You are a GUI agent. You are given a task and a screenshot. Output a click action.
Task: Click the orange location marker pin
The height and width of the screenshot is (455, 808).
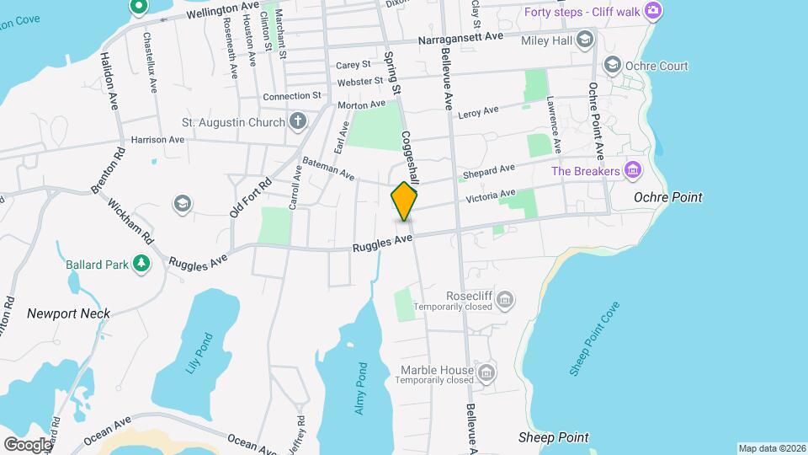tap(404, 201)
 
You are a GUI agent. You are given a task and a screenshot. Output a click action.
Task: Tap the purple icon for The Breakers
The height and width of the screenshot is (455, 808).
tap(634, 172)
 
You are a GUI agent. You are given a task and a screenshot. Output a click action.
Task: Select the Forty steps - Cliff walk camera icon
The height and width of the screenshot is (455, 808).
tap(652, 11)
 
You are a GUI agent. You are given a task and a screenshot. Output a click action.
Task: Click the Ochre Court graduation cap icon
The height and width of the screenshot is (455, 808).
tap(612, 66)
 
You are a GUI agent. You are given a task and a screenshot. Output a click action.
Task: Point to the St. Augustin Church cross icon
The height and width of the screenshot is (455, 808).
tap(297, 123)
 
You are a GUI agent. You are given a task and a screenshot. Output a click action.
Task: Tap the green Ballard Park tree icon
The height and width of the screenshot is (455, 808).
tap(142, 265)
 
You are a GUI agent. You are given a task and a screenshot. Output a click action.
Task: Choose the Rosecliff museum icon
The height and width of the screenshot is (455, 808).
tap(505, 298)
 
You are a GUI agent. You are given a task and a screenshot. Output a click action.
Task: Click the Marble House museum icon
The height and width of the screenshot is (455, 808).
tap(486, 371)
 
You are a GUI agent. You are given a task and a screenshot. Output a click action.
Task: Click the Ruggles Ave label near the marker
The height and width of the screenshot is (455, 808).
tap(382, 244)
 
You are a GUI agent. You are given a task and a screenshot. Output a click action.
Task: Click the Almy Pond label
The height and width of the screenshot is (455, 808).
tap(359, 388)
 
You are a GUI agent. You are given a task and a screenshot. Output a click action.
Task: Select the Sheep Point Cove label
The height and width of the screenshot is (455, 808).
tap(594, 340)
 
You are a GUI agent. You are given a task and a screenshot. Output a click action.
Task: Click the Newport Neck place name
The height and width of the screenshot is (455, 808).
tap(68, 313)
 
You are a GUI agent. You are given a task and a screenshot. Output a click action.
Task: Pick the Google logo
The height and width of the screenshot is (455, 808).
tap(28, 444)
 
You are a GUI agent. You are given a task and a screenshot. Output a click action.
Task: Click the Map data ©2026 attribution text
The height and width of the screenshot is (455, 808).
tap(772, 448)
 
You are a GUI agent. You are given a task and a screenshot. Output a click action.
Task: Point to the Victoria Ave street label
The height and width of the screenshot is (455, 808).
tap(491, 196)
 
